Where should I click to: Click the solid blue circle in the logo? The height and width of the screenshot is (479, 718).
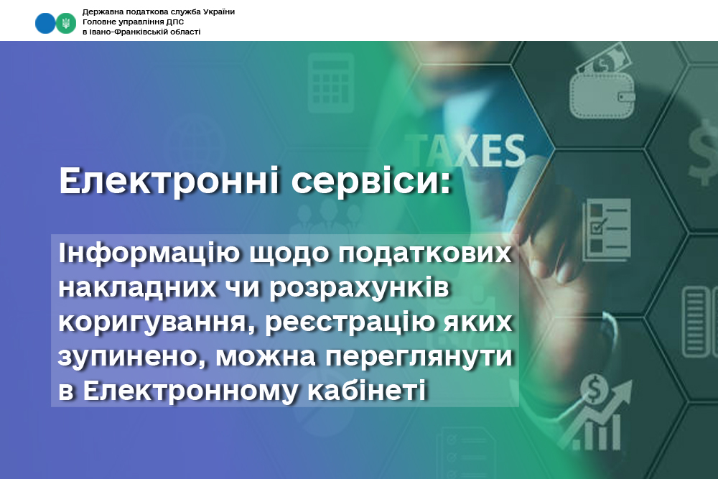point(45,23)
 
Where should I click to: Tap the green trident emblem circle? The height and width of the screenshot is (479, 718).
point(66,23)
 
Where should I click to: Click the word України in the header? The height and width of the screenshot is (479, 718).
point(217,12)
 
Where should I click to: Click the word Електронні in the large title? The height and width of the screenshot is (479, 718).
point(169,180)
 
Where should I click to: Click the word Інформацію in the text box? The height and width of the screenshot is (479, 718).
point(149,254)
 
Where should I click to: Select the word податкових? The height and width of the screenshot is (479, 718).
point(425,254)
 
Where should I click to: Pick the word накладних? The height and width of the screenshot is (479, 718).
point(137,287)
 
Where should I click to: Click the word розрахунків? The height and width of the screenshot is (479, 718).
point(360,288)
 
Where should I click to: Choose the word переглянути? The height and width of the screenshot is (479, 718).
point(419,357)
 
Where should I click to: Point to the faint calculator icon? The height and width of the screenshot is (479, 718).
point(330,83)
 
